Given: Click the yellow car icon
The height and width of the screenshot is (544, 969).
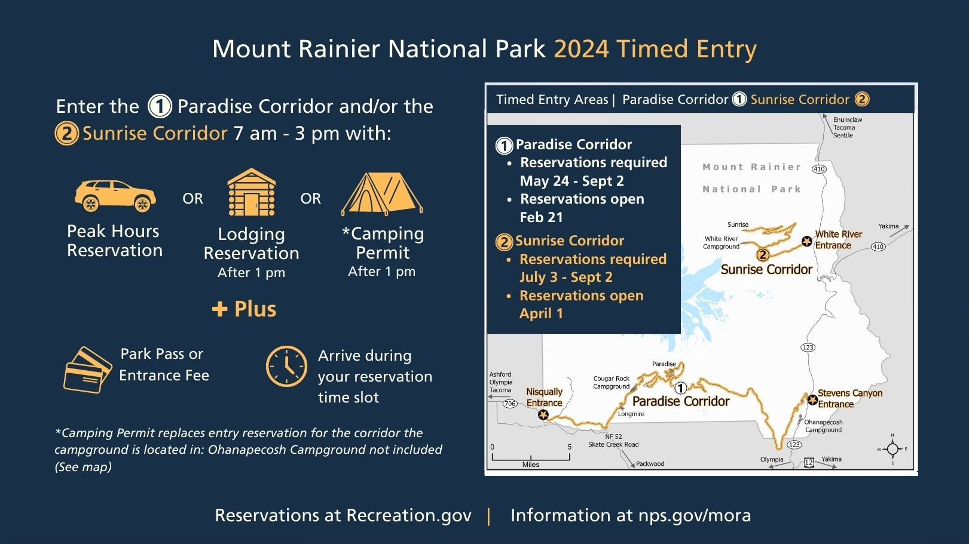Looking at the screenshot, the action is click(x=115, y=196).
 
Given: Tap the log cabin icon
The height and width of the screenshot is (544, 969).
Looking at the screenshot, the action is click(x=251, y=192).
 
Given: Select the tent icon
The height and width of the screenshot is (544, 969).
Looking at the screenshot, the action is click(x=382, y=193).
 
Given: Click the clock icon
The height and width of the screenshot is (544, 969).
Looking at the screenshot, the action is click(x=286, y=366).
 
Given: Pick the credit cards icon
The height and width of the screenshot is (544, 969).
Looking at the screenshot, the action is click(x=88, y=370).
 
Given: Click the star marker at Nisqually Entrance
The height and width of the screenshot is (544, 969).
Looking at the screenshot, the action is click(x=543, y=415).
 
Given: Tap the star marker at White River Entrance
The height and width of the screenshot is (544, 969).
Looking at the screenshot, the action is click(x=806, y=241).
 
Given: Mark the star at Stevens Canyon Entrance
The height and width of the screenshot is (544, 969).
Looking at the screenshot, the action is click(x=812, y=400).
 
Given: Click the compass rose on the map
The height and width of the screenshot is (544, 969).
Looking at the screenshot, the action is click(x=892, y=449).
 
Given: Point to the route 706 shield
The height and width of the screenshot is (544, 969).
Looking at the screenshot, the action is click(x=510, y=404).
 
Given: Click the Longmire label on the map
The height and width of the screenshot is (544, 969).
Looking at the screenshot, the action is click(x=631, y=414).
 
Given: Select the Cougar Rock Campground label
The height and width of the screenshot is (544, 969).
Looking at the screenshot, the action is click(x=612, y=382).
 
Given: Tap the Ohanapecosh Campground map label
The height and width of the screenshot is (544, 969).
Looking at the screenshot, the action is click(x=823, y=426).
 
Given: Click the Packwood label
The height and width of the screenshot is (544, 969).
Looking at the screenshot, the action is click(x=650, y=463).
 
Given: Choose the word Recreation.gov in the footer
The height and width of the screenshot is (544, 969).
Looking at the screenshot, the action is click(x=409, y=515).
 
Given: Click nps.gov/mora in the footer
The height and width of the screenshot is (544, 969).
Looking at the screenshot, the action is click(x=695, y=516).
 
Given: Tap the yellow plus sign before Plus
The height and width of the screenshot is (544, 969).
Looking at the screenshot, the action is click(x=220, y=309).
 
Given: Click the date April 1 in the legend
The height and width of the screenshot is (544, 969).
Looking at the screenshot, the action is click(x=541, y=314).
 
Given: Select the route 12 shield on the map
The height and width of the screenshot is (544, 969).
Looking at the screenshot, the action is click(x=809, y=462).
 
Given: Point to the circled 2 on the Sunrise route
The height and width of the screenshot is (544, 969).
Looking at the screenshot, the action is click(x=763, y=255).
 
